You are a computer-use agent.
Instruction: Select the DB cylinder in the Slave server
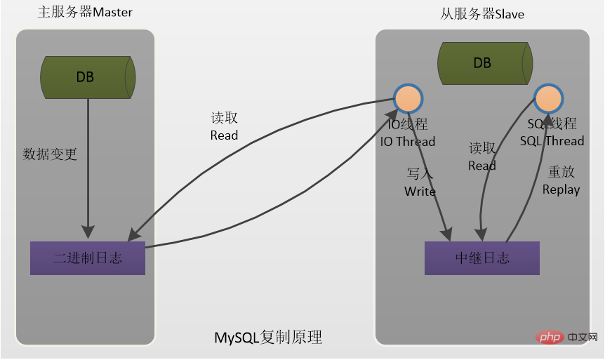pos(483,62)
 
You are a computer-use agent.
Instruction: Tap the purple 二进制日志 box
pos(88,258)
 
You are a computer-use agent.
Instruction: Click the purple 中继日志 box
pos(482,258)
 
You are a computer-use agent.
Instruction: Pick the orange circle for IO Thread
pos(408,99)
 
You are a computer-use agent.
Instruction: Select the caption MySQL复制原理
pos(268,338)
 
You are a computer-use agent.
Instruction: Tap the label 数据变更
pos(50,154)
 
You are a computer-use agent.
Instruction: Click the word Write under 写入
pos(420,192)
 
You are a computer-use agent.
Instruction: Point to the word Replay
pos(561,189)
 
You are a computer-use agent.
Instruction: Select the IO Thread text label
pos(408,142)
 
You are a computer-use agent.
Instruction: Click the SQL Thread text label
pos(552,141)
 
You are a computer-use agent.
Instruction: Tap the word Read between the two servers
pos(224,135)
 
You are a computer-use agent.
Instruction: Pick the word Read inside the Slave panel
pos(482,166)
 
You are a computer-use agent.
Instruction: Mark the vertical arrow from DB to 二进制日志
pos(88,168)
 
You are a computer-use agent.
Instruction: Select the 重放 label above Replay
pos(561,172)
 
